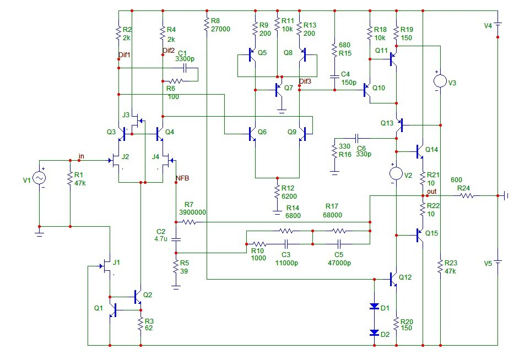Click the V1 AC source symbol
coord(39,178)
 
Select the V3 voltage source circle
coord(440,81)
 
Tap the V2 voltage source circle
coord(396,173)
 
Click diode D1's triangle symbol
coord(374,306)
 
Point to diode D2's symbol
coord(374,332)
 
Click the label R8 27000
coord(220,25)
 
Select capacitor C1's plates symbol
coord(185,68)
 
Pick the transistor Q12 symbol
coord(393,279)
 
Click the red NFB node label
coord(182,178)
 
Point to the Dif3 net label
coord(305,81)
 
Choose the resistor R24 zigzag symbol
coord(467,196)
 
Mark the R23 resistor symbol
coord(440,266)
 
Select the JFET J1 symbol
coord(106,266)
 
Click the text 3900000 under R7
coord(193,212)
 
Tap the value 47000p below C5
coord(339,263)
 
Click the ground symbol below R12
coord(277,212)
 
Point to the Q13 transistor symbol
coord(400,126)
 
